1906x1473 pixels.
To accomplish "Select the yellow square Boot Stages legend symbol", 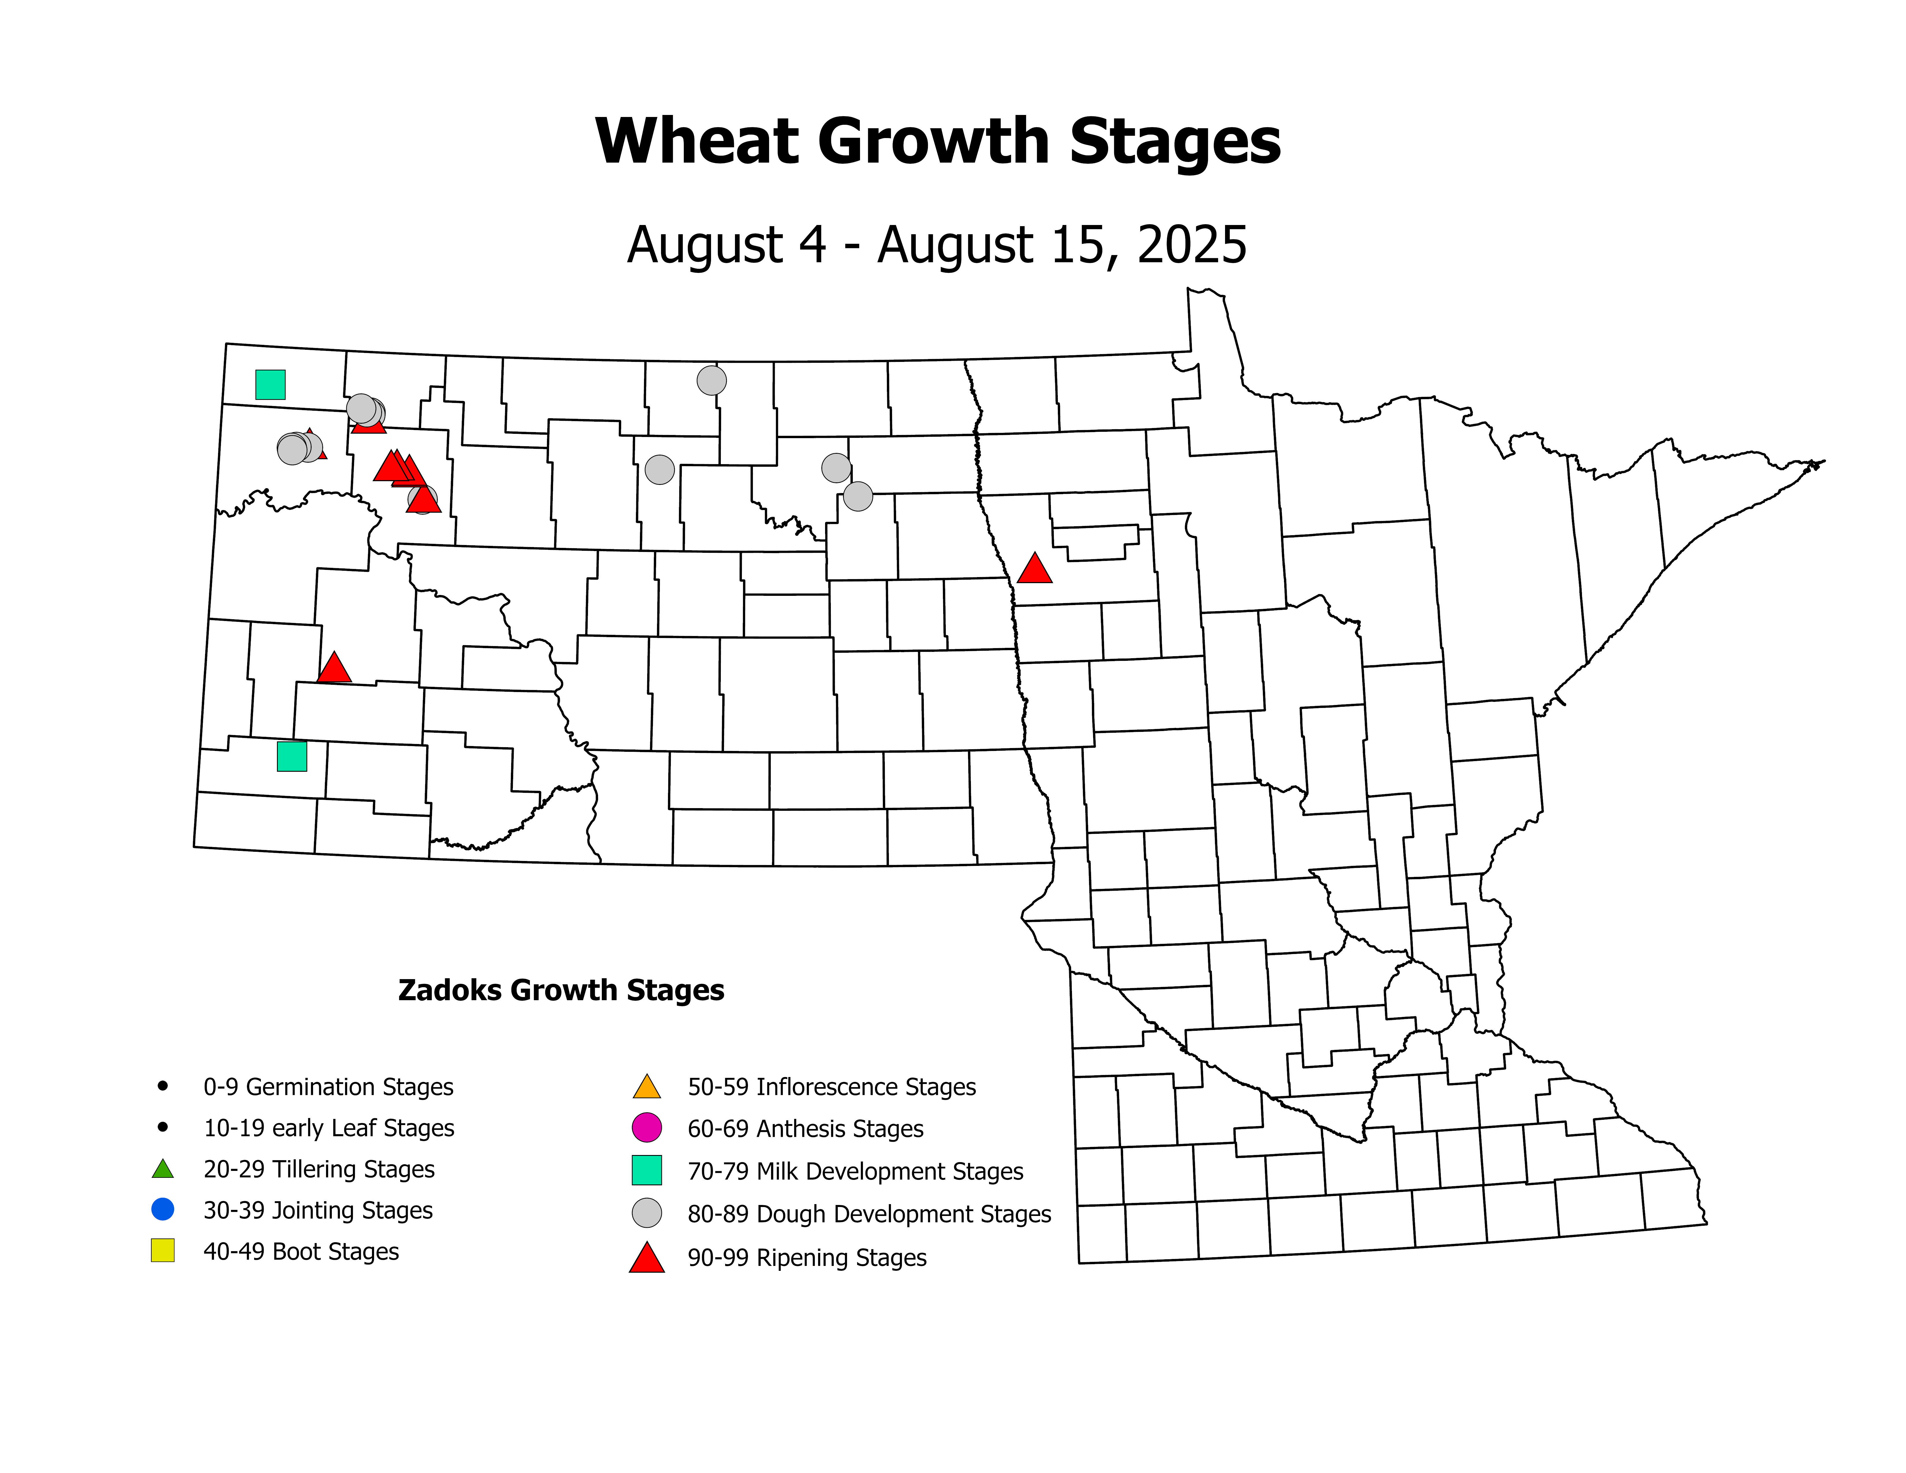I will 162,1251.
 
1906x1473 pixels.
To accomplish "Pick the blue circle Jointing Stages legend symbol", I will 162,1210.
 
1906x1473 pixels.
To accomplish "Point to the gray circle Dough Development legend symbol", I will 647,1213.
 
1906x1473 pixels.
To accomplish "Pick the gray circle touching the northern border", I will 711,380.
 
